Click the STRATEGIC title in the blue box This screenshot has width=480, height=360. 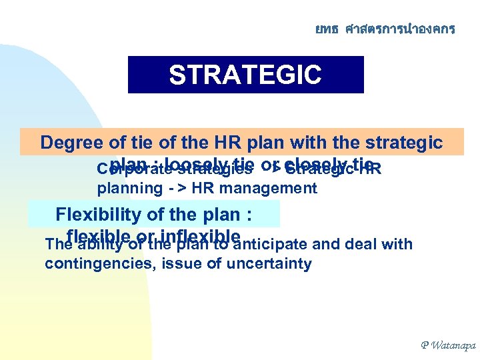pyautogui.click(x=245, y=75)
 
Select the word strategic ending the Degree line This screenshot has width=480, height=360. pyautogui.click(x=405, y=143)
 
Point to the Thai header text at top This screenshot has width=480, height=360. pyautogui.click(x=385, y=29)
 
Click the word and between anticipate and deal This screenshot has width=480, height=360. pyautogui.click(x=326, y=245)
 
